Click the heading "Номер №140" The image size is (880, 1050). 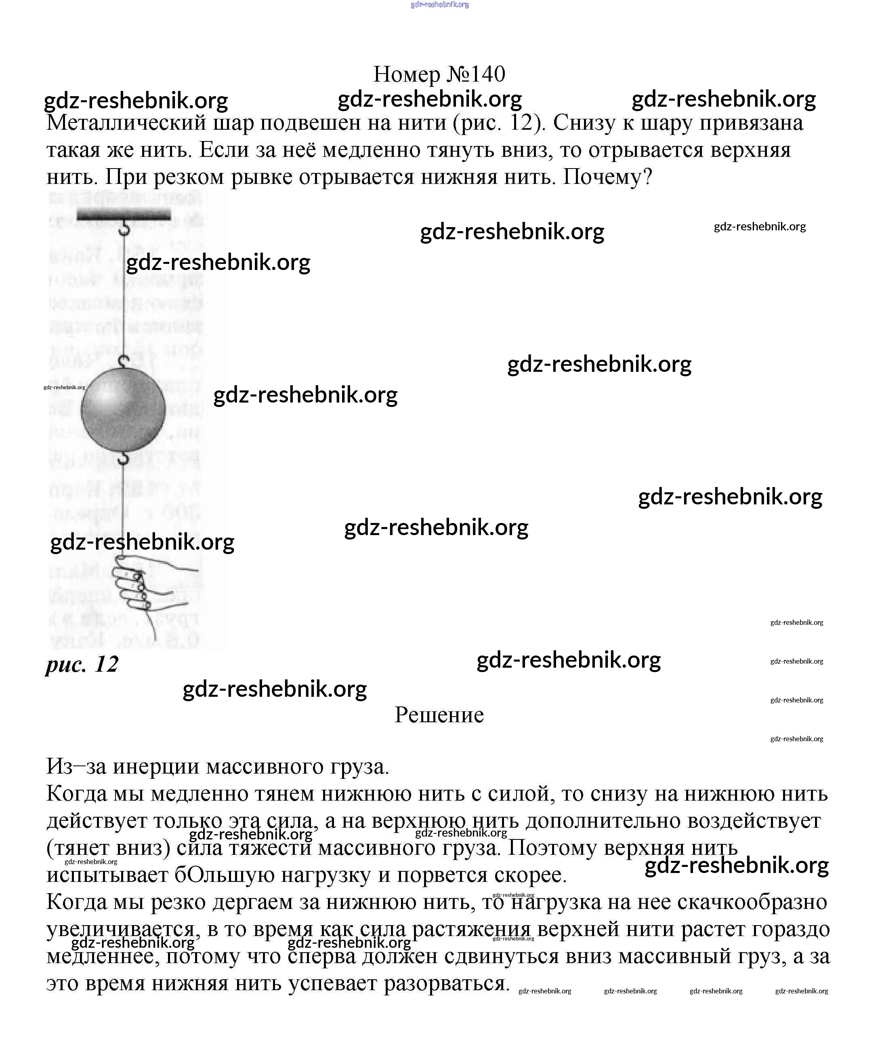[439, 74]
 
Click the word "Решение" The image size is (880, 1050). [439, 715]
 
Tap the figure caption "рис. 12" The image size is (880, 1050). [82, 664]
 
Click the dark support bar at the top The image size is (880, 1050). [124, 215]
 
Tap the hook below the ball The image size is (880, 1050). [124, 457]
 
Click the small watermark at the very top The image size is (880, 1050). [440, 4]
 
